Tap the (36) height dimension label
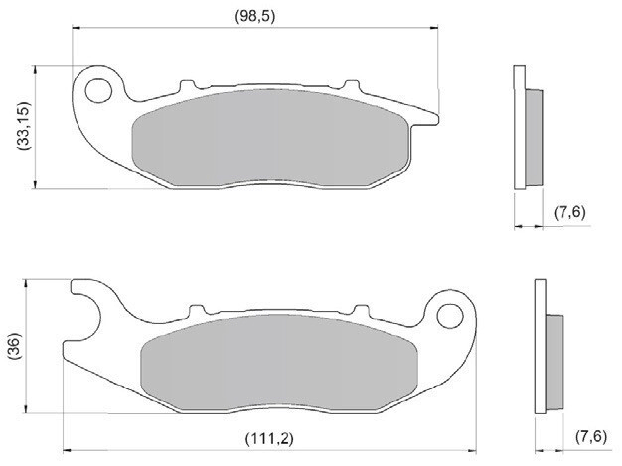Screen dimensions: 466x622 [13, 347]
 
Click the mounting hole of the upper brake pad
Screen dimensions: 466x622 [98, 91]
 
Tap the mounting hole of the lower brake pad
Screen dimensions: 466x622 [451, 316]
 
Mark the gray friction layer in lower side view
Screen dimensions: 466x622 [557, 357]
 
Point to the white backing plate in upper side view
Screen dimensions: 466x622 [518, 126]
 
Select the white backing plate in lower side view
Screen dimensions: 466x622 [541, 347]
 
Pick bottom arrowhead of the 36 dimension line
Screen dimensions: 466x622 [26, 409]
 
